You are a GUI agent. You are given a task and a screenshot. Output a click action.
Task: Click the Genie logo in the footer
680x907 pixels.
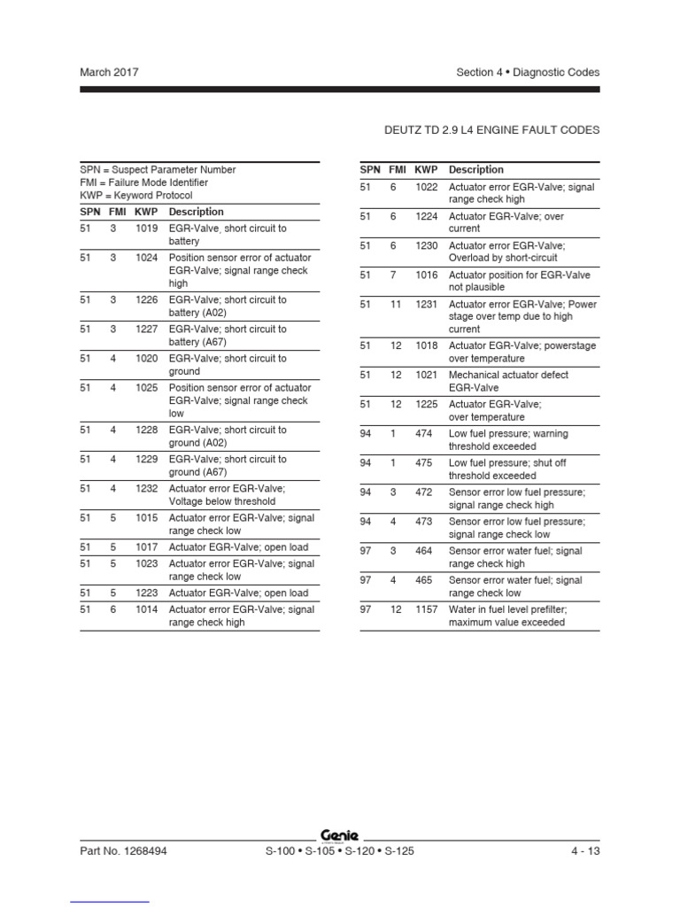pos(340,834)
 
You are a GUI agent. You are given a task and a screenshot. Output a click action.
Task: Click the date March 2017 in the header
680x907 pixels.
pos(109,73)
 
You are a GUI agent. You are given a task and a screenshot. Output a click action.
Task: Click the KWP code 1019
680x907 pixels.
pos(147,229)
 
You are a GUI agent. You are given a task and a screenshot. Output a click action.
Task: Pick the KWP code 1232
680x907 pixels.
pos(147,488)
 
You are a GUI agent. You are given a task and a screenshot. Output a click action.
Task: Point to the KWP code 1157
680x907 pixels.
pos(427,609)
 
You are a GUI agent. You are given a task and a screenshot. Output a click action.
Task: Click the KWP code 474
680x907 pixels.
pos(423,434)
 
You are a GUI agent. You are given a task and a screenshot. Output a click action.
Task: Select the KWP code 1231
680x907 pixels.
pos(427,304)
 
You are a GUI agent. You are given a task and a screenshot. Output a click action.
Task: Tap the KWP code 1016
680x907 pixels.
pos(427,275)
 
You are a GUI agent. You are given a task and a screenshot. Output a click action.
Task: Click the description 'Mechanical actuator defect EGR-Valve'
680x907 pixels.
pos(508,382)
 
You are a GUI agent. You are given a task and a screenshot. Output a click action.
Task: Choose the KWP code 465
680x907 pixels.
pos(423,580)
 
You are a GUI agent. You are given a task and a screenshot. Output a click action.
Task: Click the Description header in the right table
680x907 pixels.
pos(476,170)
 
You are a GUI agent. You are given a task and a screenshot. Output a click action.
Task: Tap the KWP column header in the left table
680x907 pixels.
pos(146,212)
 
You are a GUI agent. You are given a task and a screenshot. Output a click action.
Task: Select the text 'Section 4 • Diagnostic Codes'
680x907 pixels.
pos(528,73)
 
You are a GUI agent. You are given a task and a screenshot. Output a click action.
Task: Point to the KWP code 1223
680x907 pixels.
pos(147,593)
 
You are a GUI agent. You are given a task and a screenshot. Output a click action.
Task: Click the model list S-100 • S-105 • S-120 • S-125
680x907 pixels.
pos(340,852)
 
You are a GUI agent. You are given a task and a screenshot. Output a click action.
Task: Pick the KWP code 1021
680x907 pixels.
pos(427,376)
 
